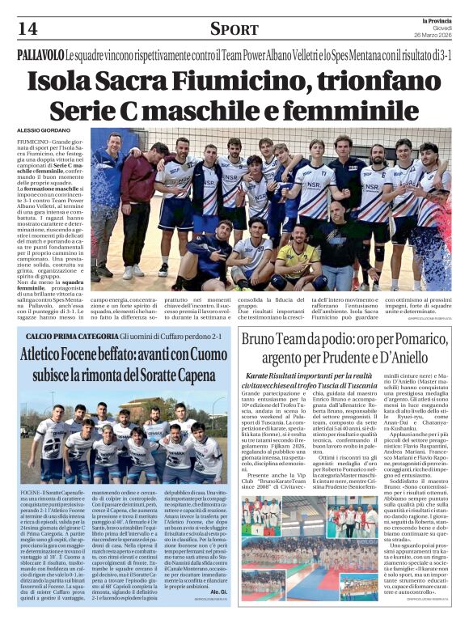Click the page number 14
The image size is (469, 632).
(28, 30)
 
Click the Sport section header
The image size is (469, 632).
(234, 30)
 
